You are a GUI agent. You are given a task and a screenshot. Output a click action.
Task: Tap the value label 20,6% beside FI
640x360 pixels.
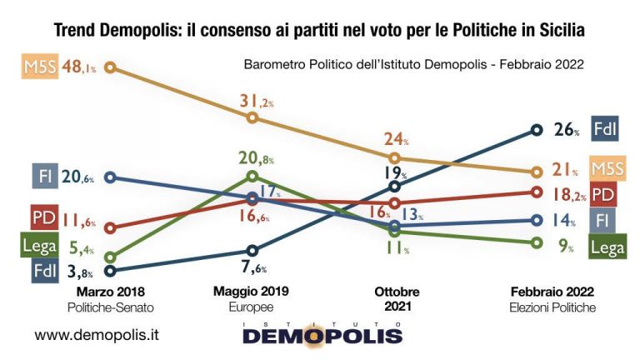[78, 177]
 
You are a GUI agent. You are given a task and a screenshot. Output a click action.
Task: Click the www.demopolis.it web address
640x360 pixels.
[97, 335]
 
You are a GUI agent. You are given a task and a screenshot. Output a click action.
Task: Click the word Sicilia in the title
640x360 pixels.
[558, 30]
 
